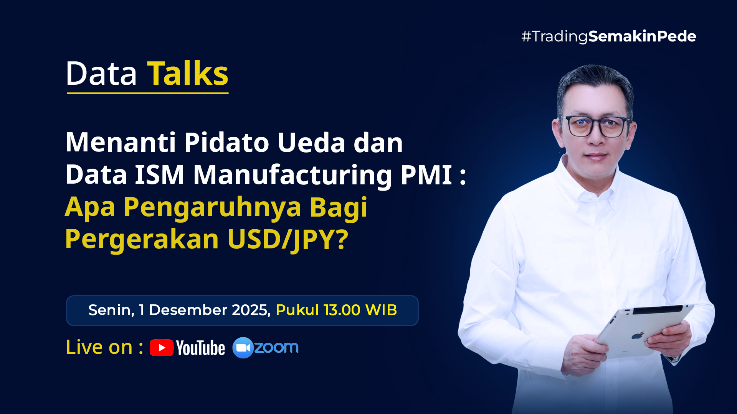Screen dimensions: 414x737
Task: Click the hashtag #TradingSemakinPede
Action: pos(608,36)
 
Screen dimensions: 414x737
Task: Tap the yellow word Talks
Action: pos(188,74)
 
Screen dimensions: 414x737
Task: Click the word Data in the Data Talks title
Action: pos(101,74)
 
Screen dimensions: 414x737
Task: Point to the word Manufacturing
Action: pos(292,175)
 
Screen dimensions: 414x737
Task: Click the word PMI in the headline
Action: pos(426,175)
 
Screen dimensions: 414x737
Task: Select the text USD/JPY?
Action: pos(288,240)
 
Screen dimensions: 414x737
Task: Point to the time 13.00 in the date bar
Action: pos(342,310)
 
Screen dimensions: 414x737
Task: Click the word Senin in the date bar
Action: pos(111,310)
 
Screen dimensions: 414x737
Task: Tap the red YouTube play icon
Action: pos(162,348)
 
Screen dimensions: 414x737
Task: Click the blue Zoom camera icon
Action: pos(243,348)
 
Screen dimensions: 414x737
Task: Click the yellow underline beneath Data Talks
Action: pos(148,93)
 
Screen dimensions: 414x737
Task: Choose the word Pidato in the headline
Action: pos(226,143)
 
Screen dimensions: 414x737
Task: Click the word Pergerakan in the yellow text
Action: pos(142,240)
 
